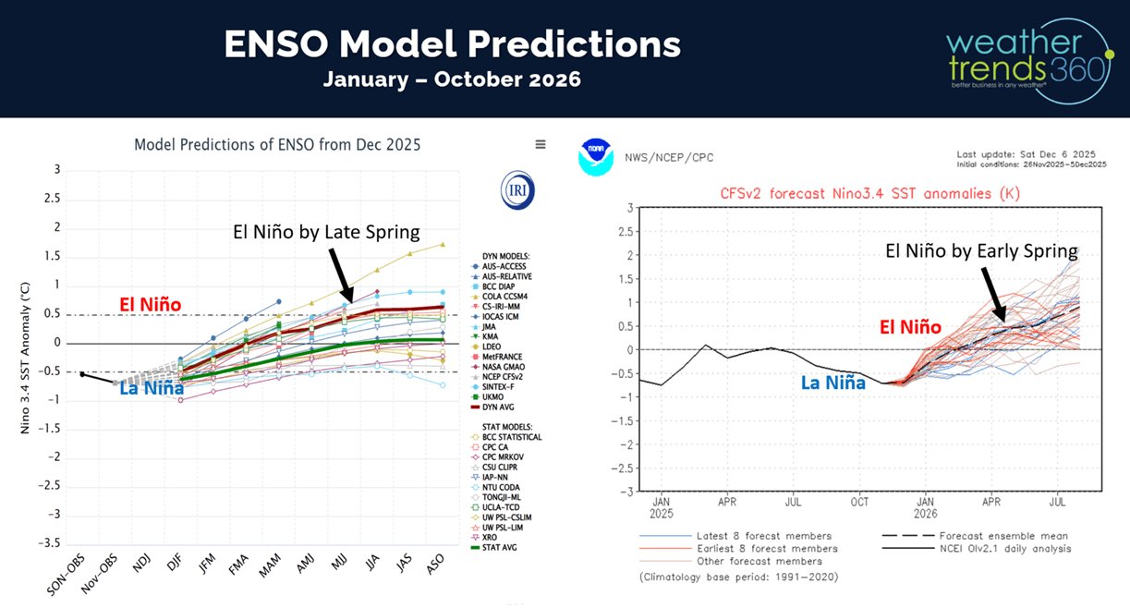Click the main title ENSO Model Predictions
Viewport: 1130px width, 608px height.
coord(453,43)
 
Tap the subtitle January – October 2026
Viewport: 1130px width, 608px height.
coord(452,79)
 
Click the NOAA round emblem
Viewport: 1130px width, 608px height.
coord(596,157)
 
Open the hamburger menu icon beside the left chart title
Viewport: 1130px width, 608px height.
coord(541,144)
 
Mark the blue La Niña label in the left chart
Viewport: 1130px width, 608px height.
coord(152,388)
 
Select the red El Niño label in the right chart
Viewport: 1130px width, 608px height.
coord(910,327)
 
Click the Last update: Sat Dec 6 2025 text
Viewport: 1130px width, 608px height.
coord(1026,153)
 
